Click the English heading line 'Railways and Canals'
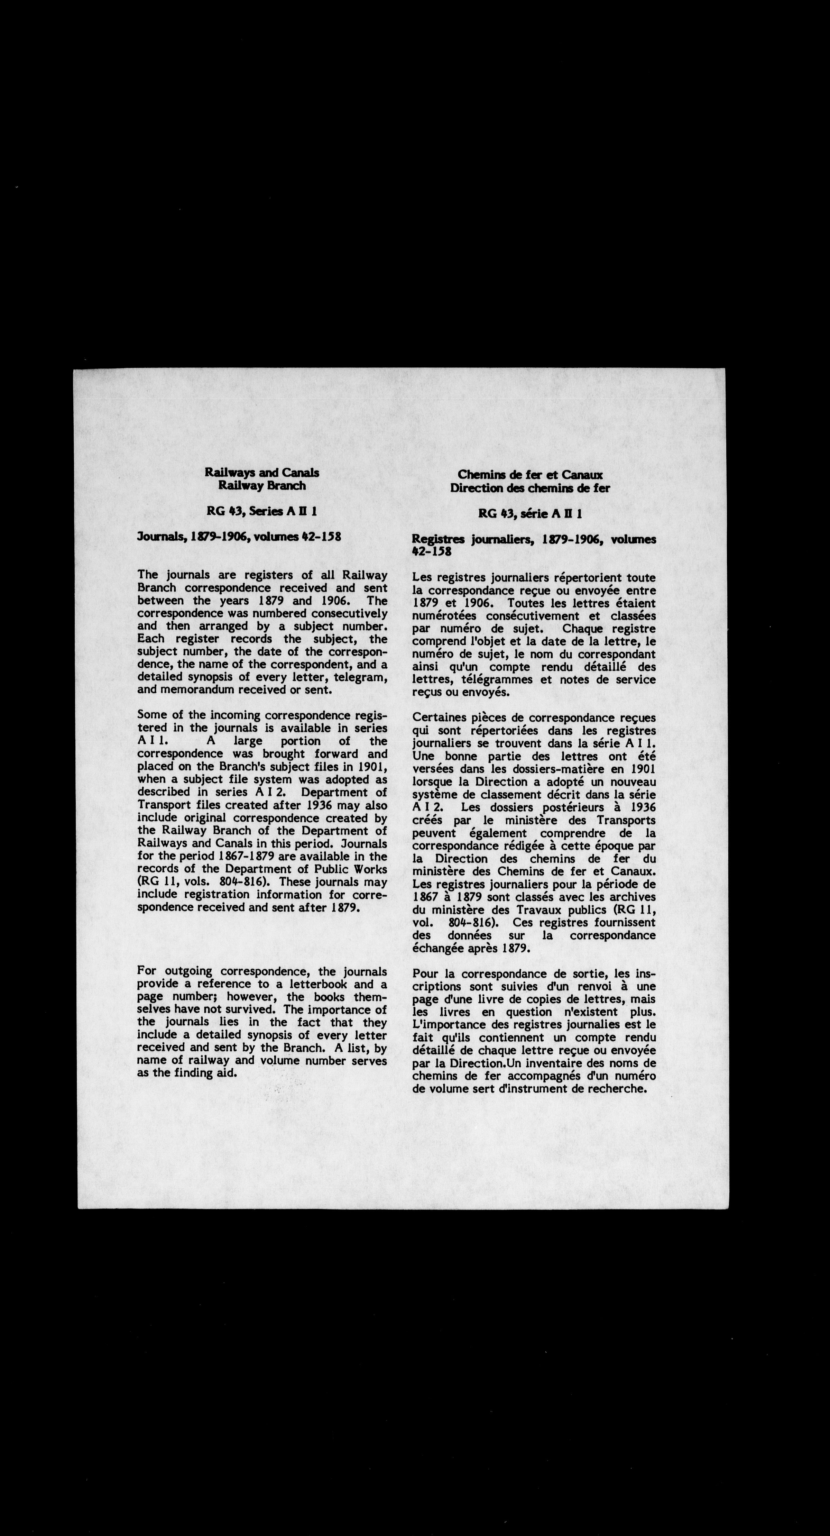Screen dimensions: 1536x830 (x=262, y=472)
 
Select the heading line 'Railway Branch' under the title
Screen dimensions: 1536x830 (x=262, y=485)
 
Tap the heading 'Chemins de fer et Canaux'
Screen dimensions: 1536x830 (x=530, y=475)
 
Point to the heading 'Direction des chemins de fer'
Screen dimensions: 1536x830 (x=530, y=488)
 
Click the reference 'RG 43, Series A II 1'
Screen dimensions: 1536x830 (x=262, y=511)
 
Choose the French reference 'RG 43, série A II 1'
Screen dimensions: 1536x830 (x=530, y=513)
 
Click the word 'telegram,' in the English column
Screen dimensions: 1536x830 (x=364, y=677)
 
